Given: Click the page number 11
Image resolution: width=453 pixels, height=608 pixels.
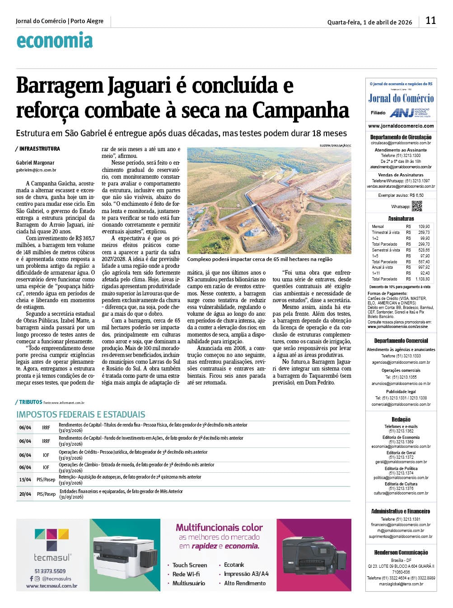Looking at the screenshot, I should (430, 20).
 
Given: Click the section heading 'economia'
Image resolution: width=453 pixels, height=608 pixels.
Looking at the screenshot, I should (55, 41).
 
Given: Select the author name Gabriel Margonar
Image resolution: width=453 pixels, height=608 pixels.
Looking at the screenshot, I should (35, 162).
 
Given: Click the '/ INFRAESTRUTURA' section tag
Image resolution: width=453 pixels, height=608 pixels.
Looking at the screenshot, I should (38, 148).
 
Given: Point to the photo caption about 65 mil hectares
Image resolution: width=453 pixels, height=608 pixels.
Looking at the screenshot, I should (260, 259).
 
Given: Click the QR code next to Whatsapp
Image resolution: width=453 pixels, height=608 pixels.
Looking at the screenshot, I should (416, 206).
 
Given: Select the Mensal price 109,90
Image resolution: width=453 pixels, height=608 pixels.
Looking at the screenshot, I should (424, 226).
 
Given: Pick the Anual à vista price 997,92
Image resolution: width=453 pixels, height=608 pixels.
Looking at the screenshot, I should (424, 267).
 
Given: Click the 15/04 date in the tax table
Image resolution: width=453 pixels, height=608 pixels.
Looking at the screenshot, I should (25, 480).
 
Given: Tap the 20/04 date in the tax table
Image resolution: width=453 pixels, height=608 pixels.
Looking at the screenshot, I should (25, 494).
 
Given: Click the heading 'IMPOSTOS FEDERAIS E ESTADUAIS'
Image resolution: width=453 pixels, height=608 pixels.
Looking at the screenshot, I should (81, 414).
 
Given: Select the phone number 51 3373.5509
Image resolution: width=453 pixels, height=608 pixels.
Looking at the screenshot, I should (51, 571).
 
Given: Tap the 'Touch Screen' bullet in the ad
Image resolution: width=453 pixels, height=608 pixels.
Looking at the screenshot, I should (190, 565).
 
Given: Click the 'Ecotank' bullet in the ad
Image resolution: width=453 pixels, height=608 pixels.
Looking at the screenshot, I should (234, 565).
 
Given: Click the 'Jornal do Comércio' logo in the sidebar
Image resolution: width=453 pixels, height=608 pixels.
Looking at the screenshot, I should (401, 99).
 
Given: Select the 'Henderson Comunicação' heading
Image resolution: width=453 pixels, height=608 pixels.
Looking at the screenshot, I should (401, 552).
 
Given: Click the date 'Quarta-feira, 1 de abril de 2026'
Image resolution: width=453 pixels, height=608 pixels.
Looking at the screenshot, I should (369, 22).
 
